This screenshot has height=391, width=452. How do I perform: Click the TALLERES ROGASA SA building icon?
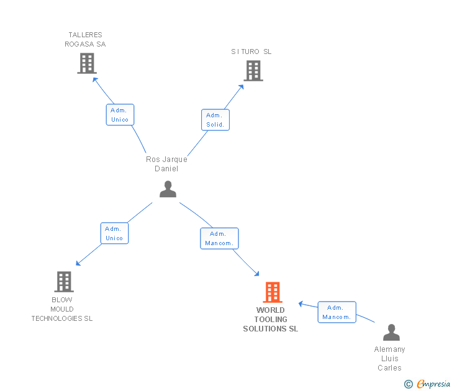coord(87,63)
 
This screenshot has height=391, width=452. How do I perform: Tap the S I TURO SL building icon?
coord(253,71)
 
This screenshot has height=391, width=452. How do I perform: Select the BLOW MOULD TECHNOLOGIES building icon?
coord(64,282)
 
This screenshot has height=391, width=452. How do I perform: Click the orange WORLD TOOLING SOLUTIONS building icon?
coord(273,292)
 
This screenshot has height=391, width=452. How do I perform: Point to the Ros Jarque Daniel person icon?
coord(168,189)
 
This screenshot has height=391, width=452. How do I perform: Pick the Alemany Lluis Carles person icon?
coord(391,332)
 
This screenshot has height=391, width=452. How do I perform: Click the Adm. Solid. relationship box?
coord(215,120)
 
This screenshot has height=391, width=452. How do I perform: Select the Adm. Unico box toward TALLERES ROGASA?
coord(120,115)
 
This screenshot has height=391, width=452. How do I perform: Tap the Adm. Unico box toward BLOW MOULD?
coord(114,233)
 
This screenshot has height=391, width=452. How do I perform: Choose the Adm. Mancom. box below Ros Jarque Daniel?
coord(219,238)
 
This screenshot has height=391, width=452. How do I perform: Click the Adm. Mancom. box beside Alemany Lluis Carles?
coord(337,312)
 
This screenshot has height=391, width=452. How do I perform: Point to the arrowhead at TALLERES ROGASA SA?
coord(95,79)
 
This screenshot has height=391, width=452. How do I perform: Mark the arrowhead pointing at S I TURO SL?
coord(242,87)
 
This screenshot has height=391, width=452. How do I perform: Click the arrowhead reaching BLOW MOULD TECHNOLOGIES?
coord(78,263)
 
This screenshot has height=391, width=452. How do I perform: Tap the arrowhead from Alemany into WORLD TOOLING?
coord(301,303)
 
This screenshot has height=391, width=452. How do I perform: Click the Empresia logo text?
coord(433,384)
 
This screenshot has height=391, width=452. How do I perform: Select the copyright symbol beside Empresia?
coord(408,384)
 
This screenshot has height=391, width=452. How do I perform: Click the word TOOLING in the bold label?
coord(271,320)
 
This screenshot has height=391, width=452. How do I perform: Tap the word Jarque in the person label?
coord(174,160)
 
